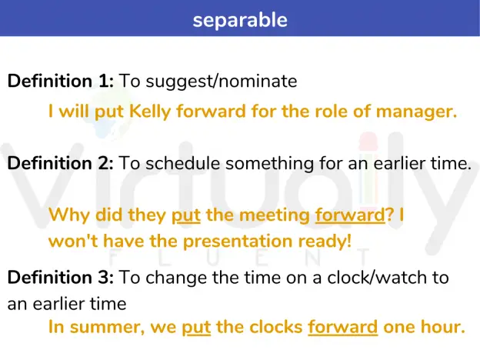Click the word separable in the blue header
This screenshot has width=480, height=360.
point(240,20)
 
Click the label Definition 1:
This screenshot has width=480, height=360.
point(61,81)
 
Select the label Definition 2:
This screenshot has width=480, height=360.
point(61,163)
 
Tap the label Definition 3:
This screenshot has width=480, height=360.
point(61,278)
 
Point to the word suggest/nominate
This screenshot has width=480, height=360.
point(222,82)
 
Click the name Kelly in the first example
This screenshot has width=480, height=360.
point(150,111)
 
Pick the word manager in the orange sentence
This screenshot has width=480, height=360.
point(416,112)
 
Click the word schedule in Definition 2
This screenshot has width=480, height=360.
point(183,163)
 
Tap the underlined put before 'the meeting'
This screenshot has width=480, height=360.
point(186,215)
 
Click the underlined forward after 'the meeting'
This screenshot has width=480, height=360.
point(350,215)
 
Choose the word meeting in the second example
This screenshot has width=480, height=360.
point(275,216)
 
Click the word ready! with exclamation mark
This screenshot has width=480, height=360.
point(325,242)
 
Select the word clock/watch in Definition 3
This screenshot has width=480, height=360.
point(377,278)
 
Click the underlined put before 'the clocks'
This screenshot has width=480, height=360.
point(196,328)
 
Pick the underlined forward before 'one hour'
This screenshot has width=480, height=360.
point(343,327)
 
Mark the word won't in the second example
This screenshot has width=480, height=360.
point(73,242)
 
